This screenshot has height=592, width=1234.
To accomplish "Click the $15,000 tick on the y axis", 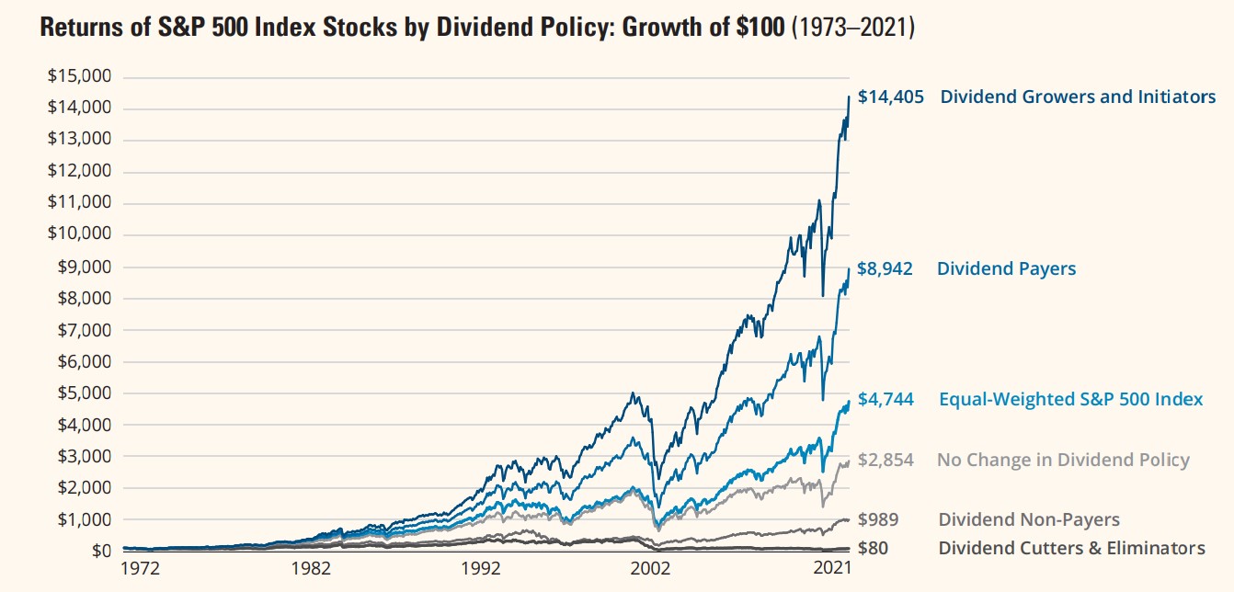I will [79, 76].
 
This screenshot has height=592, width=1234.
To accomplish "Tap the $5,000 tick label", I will [83, 393].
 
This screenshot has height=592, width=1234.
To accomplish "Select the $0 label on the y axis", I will [100, 552].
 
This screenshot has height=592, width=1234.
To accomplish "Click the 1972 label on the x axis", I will [140, 569].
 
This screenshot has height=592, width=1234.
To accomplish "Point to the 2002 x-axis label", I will [655, 569].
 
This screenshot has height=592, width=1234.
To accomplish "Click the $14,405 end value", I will [890, 97].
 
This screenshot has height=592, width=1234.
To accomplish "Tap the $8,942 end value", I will [886, 269].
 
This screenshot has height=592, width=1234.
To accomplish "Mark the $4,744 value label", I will [886, 400].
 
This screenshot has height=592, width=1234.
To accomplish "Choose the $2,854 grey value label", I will [886, 461].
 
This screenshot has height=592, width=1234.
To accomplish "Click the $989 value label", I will [877, 520].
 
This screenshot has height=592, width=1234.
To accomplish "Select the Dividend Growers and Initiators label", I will [1078, 97].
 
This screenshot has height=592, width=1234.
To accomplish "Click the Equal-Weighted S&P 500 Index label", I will [1070, 400].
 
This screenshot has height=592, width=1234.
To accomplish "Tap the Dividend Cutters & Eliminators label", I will [1071, 549].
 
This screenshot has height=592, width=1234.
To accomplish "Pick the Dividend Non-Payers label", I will [1028, 520].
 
